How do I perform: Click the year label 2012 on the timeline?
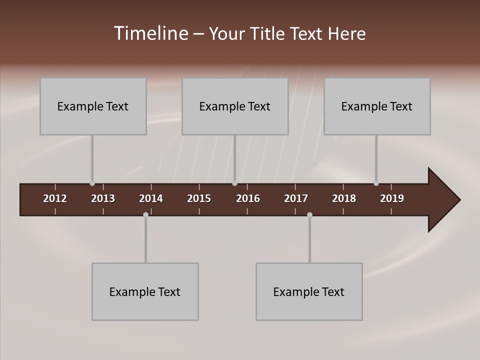tap(55, 198)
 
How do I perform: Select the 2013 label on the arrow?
tap(103, 198)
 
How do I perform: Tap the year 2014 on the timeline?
tap(151, 198)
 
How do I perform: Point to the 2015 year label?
tap(199, 198)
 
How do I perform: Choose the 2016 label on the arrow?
tap(248, 198)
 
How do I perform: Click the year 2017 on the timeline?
tap(296, 198)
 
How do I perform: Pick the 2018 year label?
tap(344, 198)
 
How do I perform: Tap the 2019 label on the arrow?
tap(392, 198)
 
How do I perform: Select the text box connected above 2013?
tap(93, 106)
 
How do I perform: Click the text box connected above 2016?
tap(235, 106)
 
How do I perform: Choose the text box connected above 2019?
tap(377, 106)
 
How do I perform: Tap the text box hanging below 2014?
tap(145, 292)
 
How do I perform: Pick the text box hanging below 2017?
tap(309, 292)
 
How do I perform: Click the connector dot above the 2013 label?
tap(92, 183)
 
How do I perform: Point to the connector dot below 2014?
tap(145, 215)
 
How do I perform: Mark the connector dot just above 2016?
tap(234, 183)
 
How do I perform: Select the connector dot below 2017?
tap(309, 215)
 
